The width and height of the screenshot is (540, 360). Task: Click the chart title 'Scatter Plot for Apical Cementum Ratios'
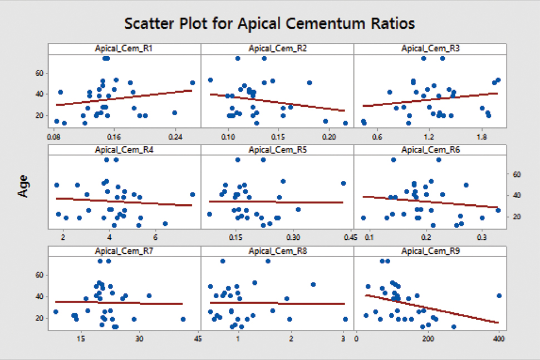coord(270,24)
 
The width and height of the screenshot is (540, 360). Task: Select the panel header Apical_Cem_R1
coord(124,49)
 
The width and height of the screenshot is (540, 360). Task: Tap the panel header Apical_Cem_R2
coord(277,49)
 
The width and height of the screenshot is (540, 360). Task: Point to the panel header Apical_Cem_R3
coord(430,49)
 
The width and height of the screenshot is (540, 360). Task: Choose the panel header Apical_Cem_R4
coord(124,150)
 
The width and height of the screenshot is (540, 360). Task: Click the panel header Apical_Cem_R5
coord(277,150)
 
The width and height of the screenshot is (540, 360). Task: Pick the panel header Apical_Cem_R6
coord(430,150)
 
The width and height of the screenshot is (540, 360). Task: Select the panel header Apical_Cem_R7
coord(124,251)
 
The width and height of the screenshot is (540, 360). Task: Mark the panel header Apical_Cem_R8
coord(277,251)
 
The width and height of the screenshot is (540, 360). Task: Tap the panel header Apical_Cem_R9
coord(430,251)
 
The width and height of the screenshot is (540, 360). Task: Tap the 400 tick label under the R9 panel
coord(499,338)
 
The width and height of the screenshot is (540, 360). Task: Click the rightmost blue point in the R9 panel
coord(499,296)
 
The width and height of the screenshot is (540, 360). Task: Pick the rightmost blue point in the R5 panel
coord(343,184)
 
